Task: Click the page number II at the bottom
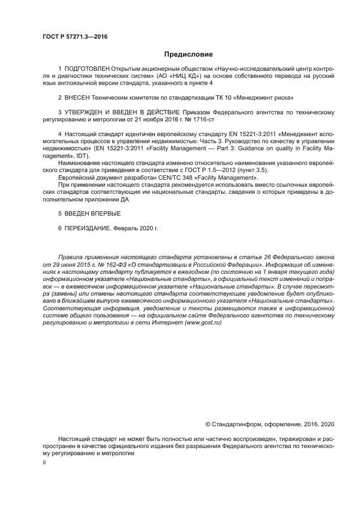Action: (44, 462)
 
